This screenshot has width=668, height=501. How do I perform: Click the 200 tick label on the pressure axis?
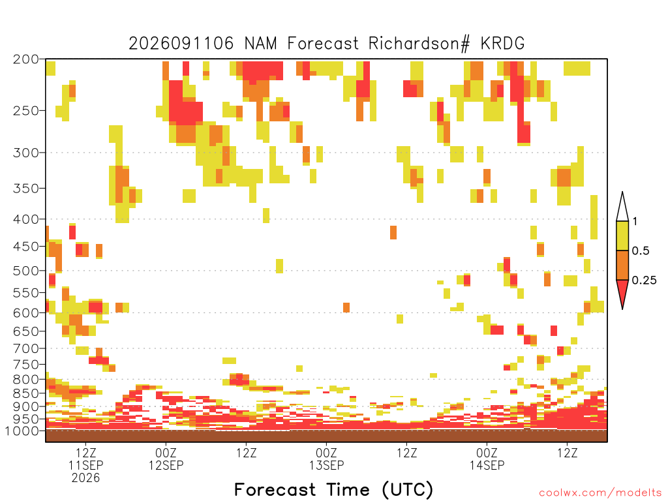[26, 59]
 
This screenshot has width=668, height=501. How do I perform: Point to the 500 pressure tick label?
[26, 271]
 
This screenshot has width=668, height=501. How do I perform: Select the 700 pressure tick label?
[26, 348]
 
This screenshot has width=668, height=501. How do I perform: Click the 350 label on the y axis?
[26, 188]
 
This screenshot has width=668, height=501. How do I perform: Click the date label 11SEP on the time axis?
[85, 465]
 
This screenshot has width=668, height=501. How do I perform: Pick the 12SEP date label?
[166, 465]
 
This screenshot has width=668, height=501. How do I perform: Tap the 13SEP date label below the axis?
[326, 465]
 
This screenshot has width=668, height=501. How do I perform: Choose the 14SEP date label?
[487, 465]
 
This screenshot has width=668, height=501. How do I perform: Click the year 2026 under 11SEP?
[85, 478]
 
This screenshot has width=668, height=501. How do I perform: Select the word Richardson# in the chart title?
[419, 44]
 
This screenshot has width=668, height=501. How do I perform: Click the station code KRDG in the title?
[502, 44]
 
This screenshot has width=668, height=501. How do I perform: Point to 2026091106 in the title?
[181, 44]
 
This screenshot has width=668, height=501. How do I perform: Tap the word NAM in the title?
[260, 44]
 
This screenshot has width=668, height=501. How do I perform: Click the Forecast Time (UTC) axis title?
[333, 490]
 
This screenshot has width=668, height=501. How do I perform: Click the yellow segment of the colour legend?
[622, 235]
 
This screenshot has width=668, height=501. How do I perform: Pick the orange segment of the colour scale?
[622, 265]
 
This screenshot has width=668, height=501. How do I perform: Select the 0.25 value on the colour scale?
[644, 281]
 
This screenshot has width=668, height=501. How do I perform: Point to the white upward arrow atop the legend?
[622, 207]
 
